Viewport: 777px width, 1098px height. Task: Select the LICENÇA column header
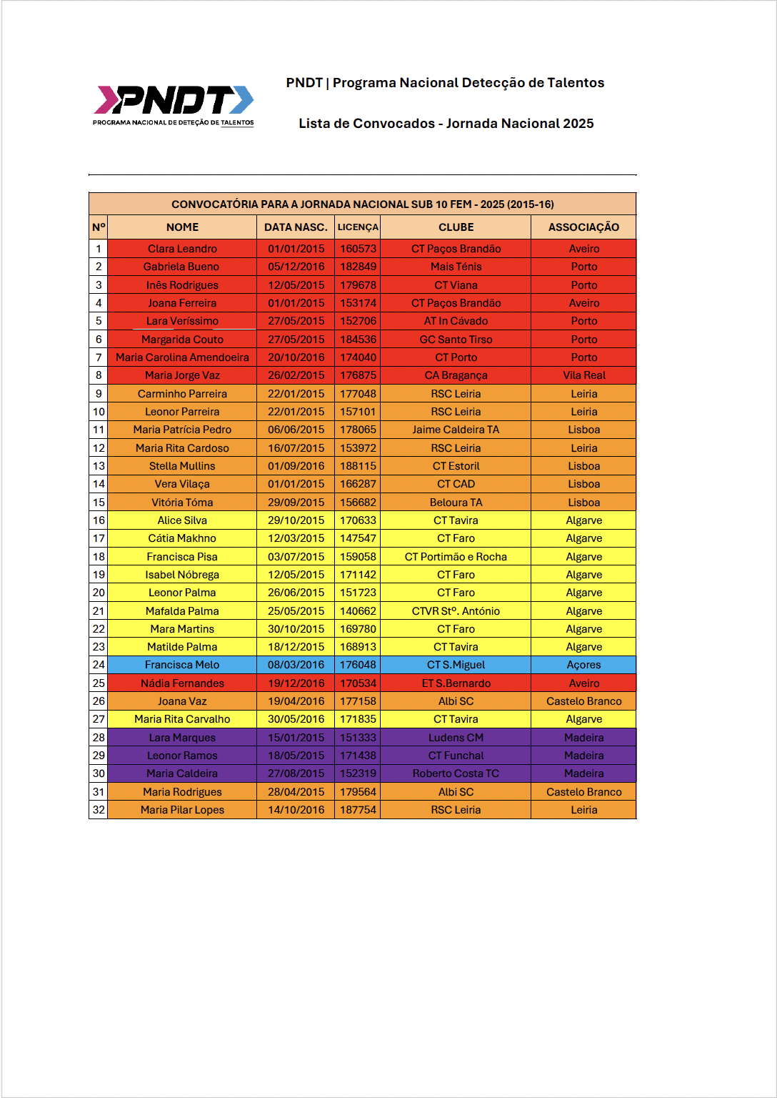click(358, 227)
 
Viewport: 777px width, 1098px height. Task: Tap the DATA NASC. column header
click(296, 227)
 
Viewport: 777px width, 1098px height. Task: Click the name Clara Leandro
click(182, 249)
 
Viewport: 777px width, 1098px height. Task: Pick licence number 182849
click(358, 267)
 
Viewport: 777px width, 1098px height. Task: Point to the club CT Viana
click(456, 285)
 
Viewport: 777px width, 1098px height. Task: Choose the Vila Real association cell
click(583, 375)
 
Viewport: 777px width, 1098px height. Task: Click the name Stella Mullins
click(182, 466)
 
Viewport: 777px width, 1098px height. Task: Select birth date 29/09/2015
click(296, 503)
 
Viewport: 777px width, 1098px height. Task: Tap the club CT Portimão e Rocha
click(456, 557)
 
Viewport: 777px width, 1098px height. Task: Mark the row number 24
click(99, 665)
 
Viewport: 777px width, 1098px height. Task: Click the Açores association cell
click(583, 665)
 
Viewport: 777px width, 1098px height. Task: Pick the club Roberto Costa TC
click(456, 773)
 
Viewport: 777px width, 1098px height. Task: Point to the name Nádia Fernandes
click(182, 683)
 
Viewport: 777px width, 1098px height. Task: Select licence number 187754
click(358, 810)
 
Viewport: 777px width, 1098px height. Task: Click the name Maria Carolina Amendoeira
click(182, 357)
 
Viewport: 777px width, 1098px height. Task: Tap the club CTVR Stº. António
click(456, 611)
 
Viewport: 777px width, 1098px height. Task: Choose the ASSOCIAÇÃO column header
click(583, 227)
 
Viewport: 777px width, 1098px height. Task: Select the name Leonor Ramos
click(182, 756)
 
